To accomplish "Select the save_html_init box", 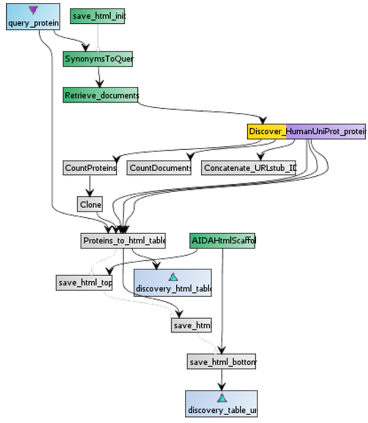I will click(x=98, y=16).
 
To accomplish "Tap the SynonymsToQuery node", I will click(x=98, y=59).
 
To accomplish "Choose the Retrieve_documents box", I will click(x=101, y=95).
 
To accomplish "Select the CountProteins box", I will click(x=90, y=168).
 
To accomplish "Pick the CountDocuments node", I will click(x=159, y=168).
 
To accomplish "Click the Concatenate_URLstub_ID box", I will click(x=249, y=168).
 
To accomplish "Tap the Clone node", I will click(x=90, y=204).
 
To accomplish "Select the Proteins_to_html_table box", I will click(x=123, y=240).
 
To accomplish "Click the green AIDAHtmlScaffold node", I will click(x=223, y=240).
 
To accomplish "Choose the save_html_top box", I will click(x=84, y=282).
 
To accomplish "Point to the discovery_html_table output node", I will click(x=173, y=282).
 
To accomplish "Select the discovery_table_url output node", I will click(x=221, y=403).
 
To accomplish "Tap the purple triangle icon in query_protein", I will click(x=33, y=10).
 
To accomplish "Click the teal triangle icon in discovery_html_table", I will click(x=173, y=276).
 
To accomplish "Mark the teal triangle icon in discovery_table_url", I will click(x=221, y=397).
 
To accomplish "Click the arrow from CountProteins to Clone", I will click(x=90, y=185).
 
